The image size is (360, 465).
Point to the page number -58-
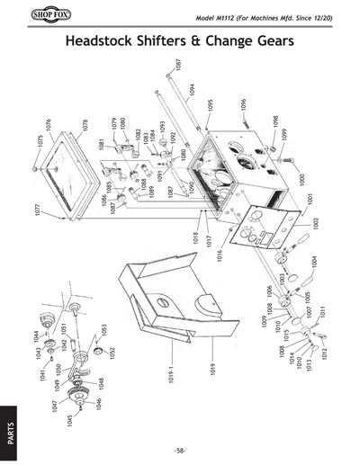tap(180, 450)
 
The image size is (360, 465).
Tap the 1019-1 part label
tap(168, 373)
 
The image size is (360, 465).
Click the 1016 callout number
tap(219, 255)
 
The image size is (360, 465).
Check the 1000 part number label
tap(302, 180)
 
